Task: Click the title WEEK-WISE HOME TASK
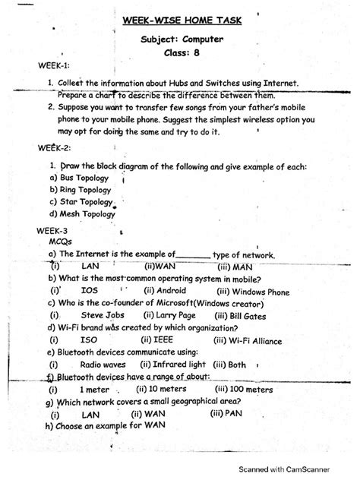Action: tap(179, 20)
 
